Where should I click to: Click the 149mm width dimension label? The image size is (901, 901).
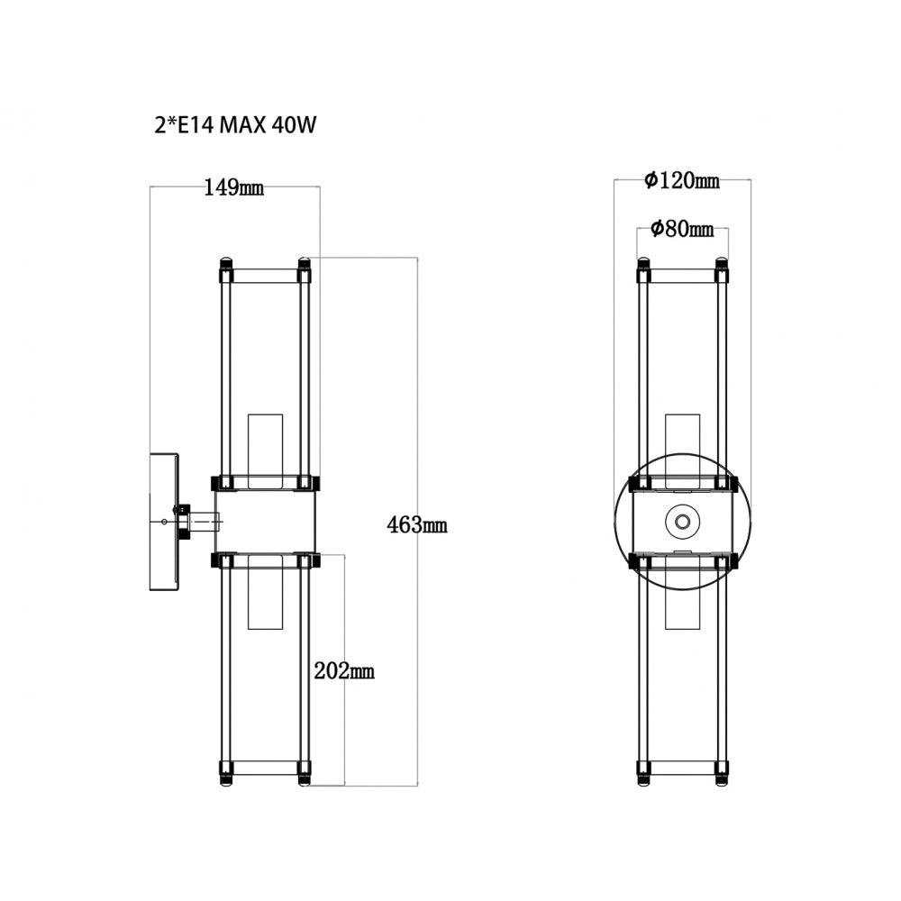click(234, 187)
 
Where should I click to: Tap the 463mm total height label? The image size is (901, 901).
click(416, 524)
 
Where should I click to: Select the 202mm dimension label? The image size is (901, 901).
click(344, 670)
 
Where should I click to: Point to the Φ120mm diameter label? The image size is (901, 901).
click(681, 180)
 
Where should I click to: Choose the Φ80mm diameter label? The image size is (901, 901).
click(682, 229)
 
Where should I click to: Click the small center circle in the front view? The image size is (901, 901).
click(682, 522)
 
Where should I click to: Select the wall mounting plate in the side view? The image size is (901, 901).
click(164, 522)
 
